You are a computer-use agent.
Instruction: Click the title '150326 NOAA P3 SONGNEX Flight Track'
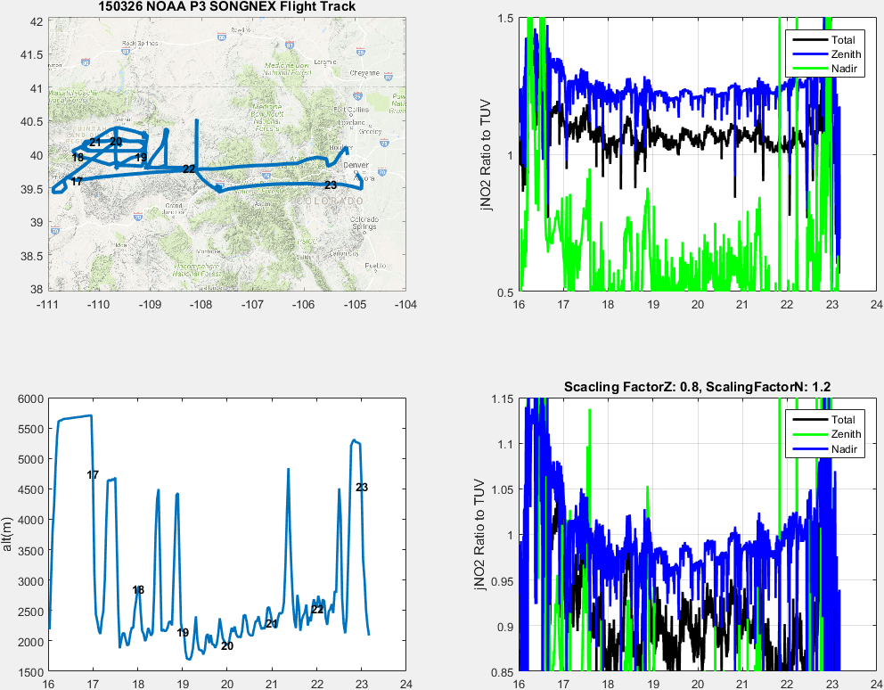226,7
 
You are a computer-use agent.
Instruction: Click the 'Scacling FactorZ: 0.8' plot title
697,386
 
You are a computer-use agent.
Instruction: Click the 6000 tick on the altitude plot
31,398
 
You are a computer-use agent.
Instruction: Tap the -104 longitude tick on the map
406,305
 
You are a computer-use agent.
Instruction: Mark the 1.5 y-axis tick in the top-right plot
505,19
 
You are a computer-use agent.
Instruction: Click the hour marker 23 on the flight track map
331,185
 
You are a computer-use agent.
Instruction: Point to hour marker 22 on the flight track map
189,169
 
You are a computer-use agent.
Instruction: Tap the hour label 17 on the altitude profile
93,475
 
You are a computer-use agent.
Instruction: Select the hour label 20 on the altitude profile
227,646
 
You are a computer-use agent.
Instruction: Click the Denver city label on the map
356,166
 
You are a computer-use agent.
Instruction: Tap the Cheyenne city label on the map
364,73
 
